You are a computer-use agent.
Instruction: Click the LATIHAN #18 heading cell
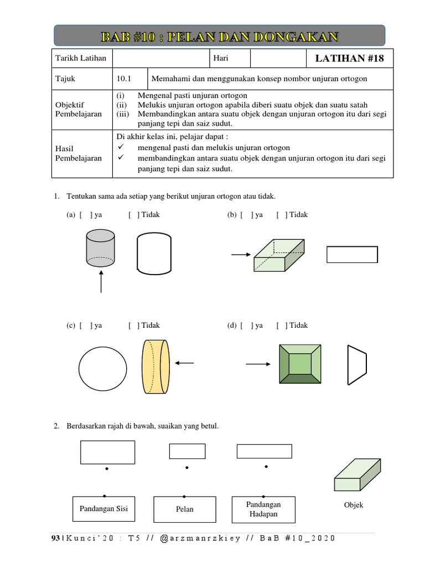click(x=349, y=58)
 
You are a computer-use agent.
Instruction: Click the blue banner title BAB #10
click(x=219, y=36)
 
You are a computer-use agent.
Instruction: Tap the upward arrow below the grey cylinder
click(x=101, y=281)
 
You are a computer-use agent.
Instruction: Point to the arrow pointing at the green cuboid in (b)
click(x=240, y=254)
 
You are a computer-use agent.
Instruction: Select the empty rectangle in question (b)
click(x=352, y=255)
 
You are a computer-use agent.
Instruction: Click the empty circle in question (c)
click(x=102, y=368)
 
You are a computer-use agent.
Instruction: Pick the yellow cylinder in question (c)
click(x=156, y=367)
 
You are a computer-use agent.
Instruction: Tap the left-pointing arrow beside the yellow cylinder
click(x=184, y=363)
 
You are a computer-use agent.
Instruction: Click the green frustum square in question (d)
click(x=300, y=364)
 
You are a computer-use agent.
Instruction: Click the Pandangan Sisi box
click(x=103, y=508)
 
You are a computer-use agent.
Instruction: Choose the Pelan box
click(x=184, y=509)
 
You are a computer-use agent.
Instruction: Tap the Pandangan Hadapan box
click(x=263, y=509)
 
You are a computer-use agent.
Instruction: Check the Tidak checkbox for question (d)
click(x=282, y=326)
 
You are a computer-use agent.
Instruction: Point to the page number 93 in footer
click(x=55, y=538)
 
